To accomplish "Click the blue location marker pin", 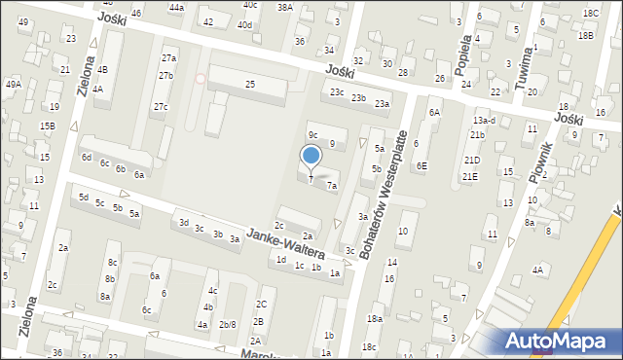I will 311,156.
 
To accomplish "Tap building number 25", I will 250,85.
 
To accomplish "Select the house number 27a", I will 169,58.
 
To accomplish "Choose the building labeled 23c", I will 337,92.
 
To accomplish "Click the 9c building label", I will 313,134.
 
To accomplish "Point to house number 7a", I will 332,185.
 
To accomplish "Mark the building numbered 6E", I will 421,165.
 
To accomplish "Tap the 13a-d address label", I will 484,120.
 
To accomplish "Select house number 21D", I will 472,160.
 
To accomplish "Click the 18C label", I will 590,13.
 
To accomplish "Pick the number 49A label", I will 13,85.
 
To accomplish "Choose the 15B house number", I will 47,126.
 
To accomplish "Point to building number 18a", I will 374,319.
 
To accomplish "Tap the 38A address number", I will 284,7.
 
